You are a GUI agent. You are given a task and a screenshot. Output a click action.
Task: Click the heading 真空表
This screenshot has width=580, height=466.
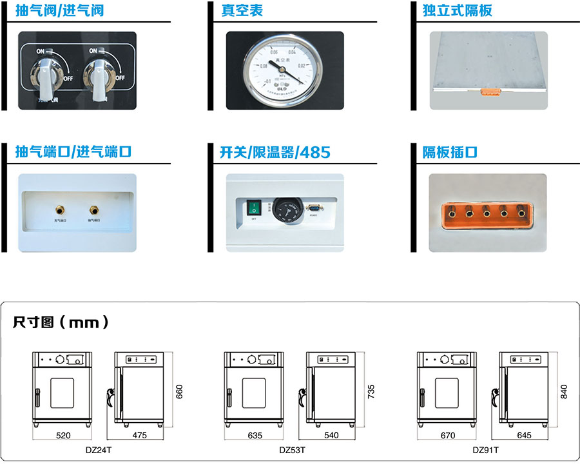point(242,11)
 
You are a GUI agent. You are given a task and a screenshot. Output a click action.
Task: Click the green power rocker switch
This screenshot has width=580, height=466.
point(254,208)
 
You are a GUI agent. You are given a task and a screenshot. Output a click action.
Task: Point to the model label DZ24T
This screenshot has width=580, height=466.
point(99,450)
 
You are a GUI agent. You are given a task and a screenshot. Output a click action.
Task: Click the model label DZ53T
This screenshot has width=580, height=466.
point(292,450)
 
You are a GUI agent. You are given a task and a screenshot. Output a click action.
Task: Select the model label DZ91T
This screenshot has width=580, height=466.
point(485,450)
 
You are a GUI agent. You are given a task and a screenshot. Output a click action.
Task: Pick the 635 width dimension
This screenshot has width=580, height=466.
point(255,436)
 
